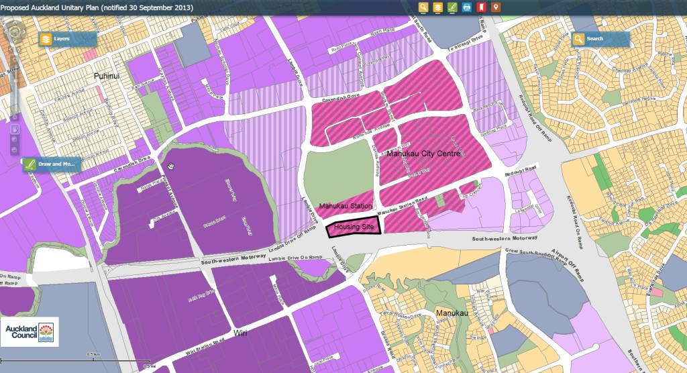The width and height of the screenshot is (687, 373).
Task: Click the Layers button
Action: (59, 39)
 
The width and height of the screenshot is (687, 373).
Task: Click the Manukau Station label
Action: (346, 207)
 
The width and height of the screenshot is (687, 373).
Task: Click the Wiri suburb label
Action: (242, 333)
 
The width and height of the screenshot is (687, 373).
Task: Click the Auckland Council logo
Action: (30, 331)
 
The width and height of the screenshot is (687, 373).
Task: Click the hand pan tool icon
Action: (15, 129)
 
